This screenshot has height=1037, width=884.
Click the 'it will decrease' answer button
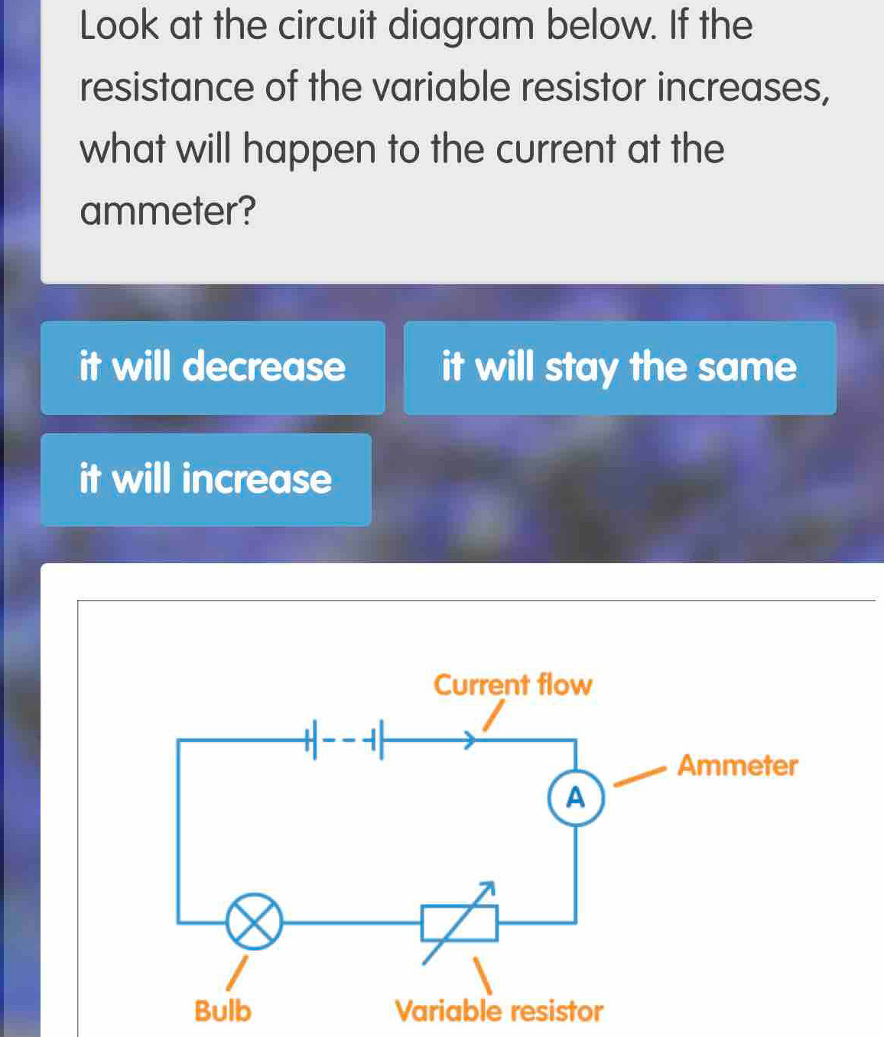(x=213, y=368)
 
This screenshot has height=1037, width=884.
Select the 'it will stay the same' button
(x=619, y=368)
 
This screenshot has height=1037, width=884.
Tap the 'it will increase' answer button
(x=206, y=480)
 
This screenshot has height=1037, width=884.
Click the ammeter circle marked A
(x=576, y=799)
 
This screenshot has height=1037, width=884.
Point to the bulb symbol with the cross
(x=254, y=922)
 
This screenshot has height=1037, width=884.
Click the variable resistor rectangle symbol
(x=460, y=922)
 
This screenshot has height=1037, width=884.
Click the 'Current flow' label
(x=512, y=685)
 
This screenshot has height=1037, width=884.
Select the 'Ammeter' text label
(x=737, y=765)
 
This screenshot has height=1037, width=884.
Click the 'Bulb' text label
(x=223, y=1011)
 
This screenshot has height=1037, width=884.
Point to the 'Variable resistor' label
(x=499, y=1011)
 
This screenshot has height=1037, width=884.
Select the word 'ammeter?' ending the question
(x=167, y=211)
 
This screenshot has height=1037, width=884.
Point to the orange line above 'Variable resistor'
(x=481, y=975)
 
